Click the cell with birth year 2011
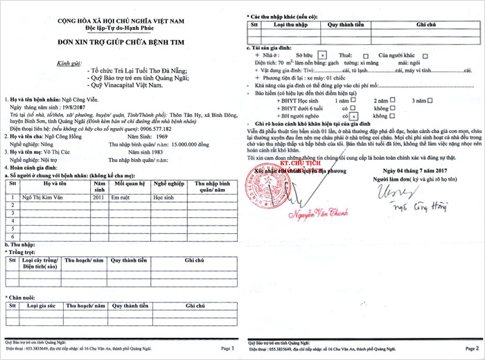coord(98,197)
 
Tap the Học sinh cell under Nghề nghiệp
coord(163,197)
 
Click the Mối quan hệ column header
coord(129,186)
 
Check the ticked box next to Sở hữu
coord(324,53)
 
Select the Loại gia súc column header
coord(41,305)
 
